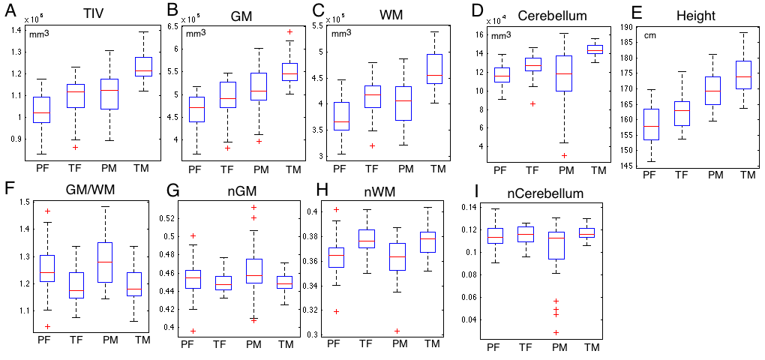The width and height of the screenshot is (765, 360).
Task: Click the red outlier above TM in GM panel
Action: coord(290,32)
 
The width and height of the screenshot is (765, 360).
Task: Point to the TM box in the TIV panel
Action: coord(142,66)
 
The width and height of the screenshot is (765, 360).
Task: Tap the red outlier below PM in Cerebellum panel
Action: coord(565,155)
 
